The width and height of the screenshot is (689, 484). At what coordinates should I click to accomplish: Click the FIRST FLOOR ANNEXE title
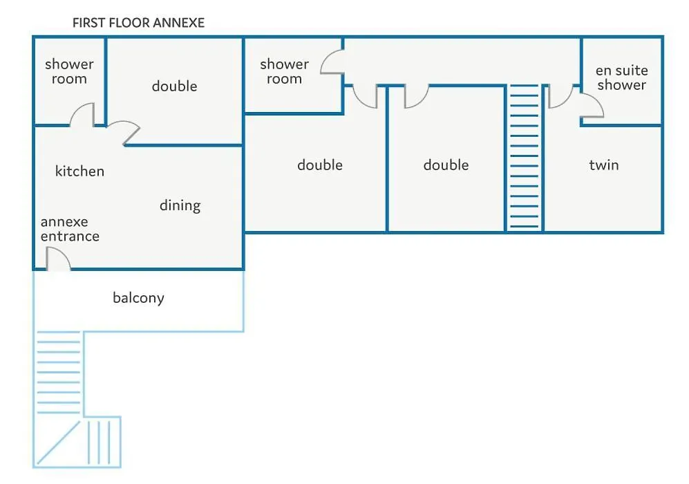click(138, 23)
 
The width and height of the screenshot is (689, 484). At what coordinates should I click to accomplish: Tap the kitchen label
click(79, 171)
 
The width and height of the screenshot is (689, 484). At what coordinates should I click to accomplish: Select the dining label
click(180, 206)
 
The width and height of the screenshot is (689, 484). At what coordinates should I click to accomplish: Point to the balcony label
click(138, 298)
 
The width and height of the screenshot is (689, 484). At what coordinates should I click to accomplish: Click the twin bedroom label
click(604, 165)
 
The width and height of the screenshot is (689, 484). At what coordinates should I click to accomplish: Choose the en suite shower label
click(621, 77)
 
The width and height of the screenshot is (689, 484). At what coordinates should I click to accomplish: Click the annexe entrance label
click(70, 229)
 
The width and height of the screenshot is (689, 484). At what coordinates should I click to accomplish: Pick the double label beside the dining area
click(174, 86)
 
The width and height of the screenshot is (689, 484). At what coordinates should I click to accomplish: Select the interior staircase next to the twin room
click(524, 157)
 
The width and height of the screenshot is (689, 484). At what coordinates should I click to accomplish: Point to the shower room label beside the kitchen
click(69, 71)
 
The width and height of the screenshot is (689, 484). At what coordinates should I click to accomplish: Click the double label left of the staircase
click(446, 165)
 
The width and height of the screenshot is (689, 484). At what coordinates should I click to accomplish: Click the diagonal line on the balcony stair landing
click(59, 443)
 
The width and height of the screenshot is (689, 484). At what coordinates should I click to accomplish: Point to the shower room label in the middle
click(284, 71)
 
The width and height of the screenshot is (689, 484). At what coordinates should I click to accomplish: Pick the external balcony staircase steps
click(59, 373)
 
